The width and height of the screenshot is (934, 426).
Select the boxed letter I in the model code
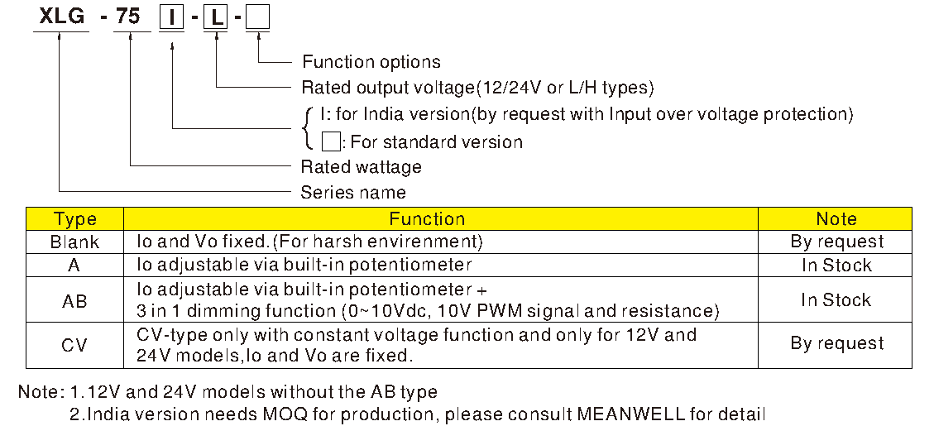point(171,17)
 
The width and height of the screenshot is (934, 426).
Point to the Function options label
point(371,62)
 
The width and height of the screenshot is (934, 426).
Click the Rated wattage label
point(361,167)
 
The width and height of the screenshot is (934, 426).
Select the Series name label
point(353,193)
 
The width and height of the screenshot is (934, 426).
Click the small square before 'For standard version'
point(330,141)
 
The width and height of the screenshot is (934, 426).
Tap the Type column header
point(74,219)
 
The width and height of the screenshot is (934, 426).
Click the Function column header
point(427,219)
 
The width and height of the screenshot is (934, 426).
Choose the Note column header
point(836,219)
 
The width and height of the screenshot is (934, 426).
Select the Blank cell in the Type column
point(74,242)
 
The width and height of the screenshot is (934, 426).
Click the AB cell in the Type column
point(74,300)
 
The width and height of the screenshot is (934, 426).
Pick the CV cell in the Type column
point(74,344)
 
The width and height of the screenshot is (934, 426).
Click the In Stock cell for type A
point(836,266)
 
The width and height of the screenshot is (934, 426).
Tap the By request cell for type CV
point(836,343)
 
